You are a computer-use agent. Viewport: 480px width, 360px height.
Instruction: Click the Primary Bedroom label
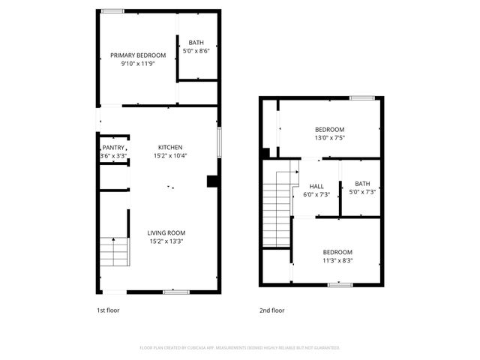[139, 55]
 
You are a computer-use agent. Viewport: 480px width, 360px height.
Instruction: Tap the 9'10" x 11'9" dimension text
[139, 64]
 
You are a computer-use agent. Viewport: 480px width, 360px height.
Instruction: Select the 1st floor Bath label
[196, 43]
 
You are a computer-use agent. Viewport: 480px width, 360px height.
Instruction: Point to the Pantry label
[113, 148]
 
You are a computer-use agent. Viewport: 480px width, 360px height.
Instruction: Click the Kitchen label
[170, 147]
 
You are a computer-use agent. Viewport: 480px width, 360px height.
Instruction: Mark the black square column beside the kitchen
[212, 181]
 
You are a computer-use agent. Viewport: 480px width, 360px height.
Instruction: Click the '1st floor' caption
[108, 310]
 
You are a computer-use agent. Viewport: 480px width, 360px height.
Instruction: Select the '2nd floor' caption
[271, 310]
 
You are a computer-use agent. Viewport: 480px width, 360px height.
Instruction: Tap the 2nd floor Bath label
[362, 184]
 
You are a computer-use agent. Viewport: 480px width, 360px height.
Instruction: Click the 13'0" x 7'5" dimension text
[329, 138]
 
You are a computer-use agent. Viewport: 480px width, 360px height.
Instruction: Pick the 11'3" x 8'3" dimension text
[337, 261]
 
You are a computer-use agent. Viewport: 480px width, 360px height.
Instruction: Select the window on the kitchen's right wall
[219, 142]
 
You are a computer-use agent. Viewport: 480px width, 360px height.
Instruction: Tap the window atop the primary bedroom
[113, 10]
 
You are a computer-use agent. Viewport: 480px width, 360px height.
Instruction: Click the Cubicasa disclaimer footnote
[240, 348]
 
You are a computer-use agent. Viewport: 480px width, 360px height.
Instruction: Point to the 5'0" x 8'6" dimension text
[196, 51]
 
